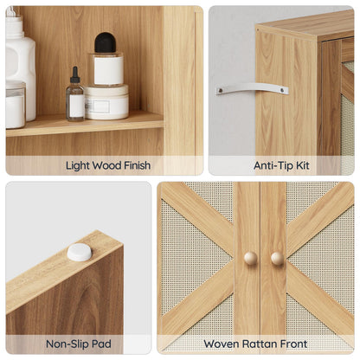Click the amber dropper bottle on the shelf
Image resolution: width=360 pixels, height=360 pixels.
tap(75, 103)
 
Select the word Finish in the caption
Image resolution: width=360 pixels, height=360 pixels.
tap(132, 165)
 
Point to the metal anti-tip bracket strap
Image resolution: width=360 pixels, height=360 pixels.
tap(252, 88)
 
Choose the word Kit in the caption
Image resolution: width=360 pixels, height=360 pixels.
tap(303, 165)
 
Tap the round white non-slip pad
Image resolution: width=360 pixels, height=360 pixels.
tap(79, 252)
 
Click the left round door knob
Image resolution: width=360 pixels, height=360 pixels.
tap(250, 258)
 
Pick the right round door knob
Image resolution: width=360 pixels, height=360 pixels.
tap(277, 258)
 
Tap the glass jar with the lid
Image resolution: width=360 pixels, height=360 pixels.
tap(15, 105)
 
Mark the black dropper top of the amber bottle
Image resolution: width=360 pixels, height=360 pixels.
tap(75, 75)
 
